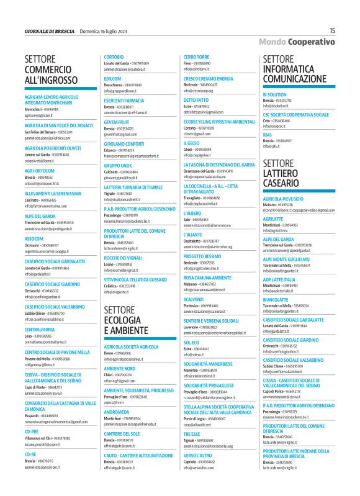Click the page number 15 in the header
[x=333, y=30]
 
